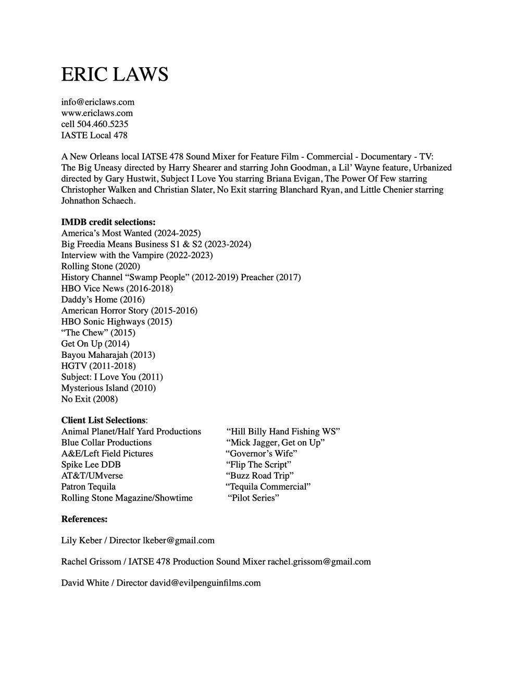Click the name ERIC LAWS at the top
115,74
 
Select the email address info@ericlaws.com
98,102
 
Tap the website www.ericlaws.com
97,113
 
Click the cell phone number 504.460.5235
103,124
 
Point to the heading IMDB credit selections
108,222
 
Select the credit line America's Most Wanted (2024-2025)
131,233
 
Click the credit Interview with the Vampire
137,255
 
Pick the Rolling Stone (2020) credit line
101,266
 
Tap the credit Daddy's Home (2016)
103,299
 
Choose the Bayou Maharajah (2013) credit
108,355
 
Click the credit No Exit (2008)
90,399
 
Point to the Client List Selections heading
104,420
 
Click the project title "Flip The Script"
258,465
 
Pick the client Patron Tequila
89,486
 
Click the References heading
84,519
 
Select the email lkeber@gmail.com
179,541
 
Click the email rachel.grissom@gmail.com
319,561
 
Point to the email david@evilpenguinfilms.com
205,583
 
